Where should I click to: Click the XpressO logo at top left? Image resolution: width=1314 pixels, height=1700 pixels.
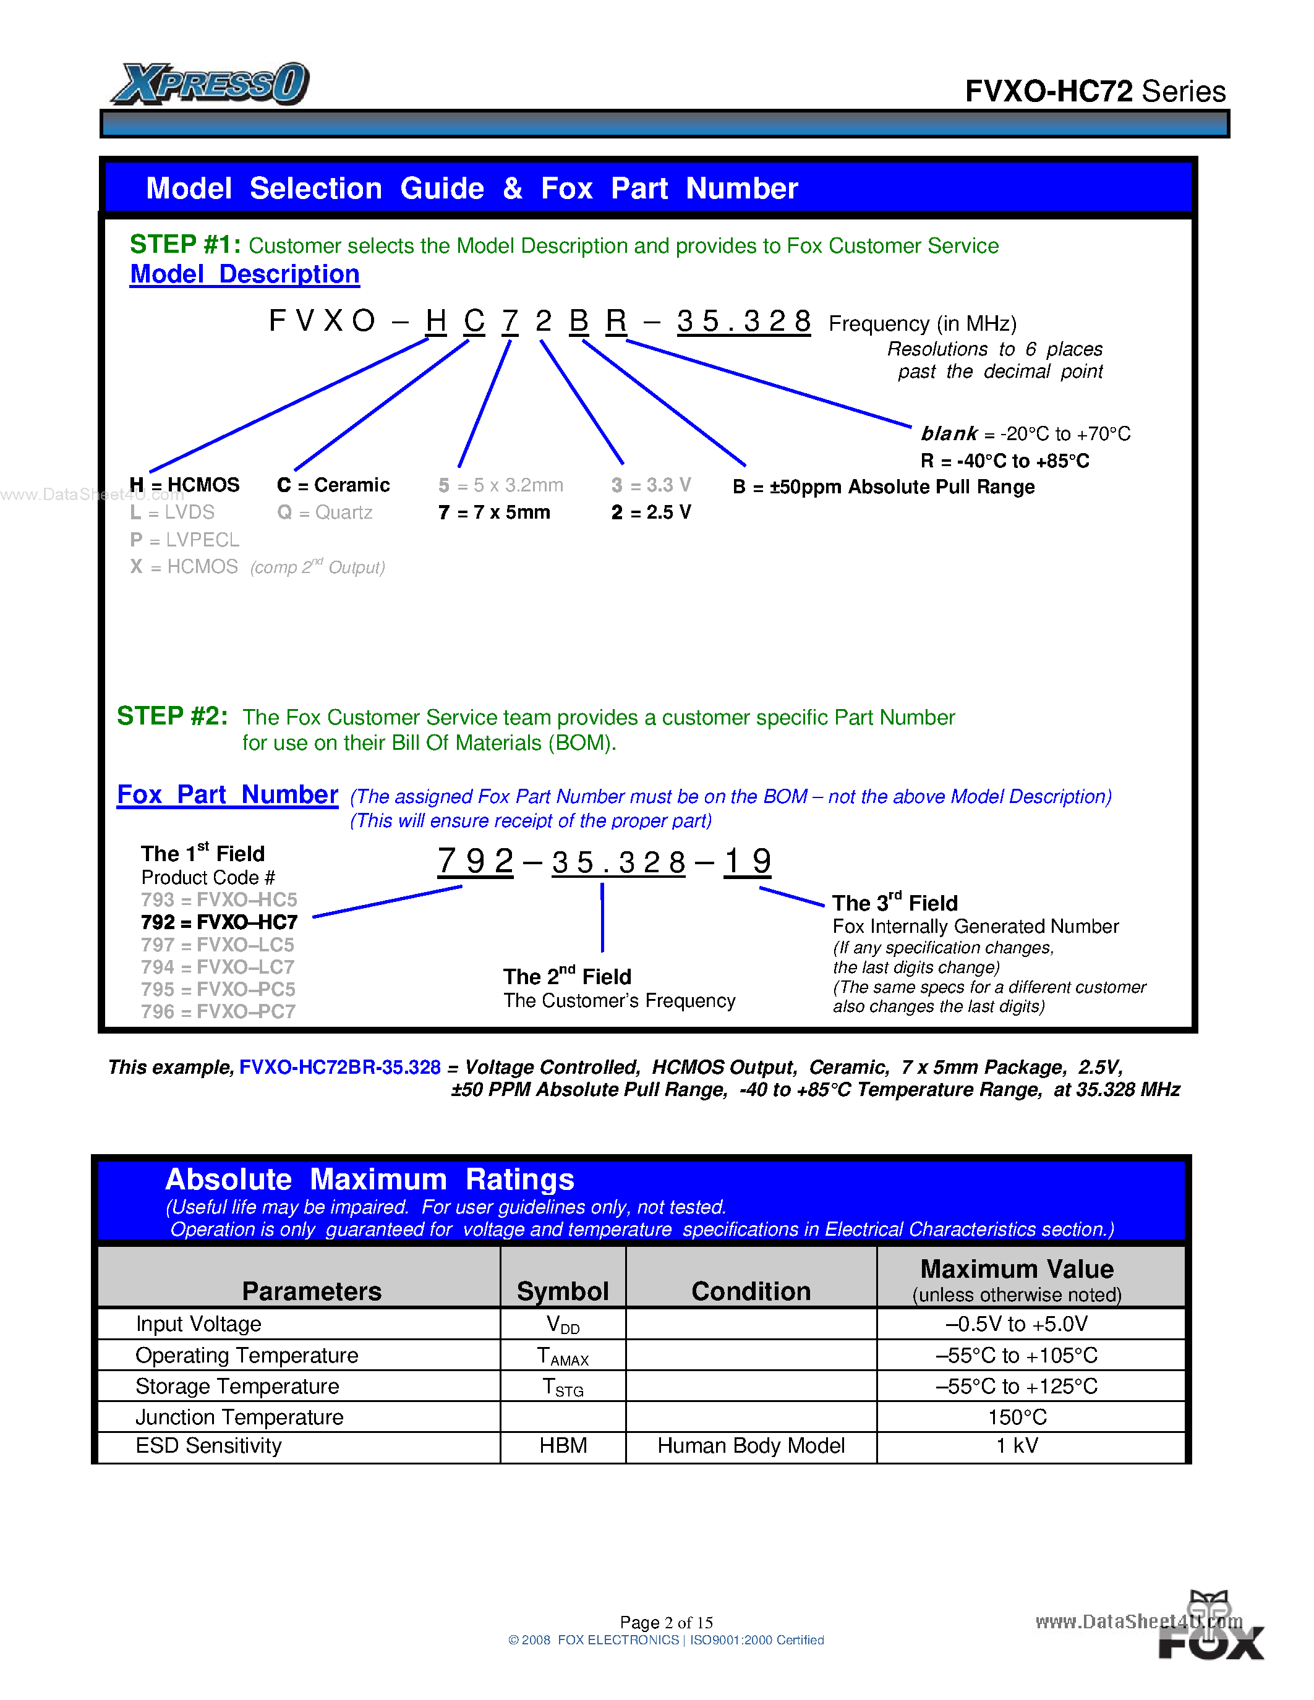pyautogui.click(x=210, y=84)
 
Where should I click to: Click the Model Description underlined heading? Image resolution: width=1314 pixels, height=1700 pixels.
pyautogui.click(x=244, y=274)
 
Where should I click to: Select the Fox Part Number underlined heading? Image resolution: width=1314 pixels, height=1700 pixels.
pyautogui.click(x=228, y=795)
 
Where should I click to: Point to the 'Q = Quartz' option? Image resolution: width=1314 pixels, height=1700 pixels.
pyautogui.click(x=325, y=512)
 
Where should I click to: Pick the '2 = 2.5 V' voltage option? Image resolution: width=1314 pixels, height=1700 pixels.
pyautogui.click(x=651, y=512)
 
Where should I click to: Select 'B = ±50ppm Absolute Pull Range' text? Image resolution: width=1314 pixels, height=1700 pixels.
pyautogui.click(x=884, y=487)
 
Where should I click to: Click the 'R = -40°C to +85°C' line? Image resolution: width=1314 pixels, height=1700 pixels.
pyautogui.click(x=1004, y=461)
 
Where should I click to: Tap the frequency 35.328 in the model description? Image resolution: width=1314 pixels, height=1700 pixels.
pyautogui.click(x=743, y=321)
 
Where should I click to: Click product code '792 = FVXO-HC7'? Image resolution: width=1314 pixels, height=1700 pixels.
pyautogui.click(x=219, y=922)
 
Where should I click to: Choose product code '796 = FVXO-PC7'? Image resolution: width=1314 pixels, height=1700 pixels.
pyautogui.click(x=218, y=1011)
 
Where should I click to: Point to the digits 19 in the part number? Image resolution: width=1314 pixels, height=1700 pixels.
pyautogui.click(x=748, y=862)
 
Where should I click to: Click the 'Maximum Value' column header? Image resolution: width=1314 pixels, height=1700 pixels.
pyautogui.click(x=1017, y=1270)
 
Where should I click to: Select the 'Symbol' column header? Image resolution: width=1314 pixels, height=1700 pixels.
pyautogui.click(x=563, y=1291)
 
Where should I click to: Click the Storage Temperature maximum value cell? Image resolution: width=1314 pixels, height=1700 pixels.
pyautogui.click(x=1017, y=1387)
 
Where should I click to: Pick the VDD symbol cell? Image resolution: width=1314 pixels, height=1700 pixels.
pyautogui.click(x=563, y=1325)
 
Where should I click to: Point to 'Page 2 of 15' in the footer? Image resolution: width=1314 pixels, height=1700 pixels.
pyautogui.click(x=667, y=1622)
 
